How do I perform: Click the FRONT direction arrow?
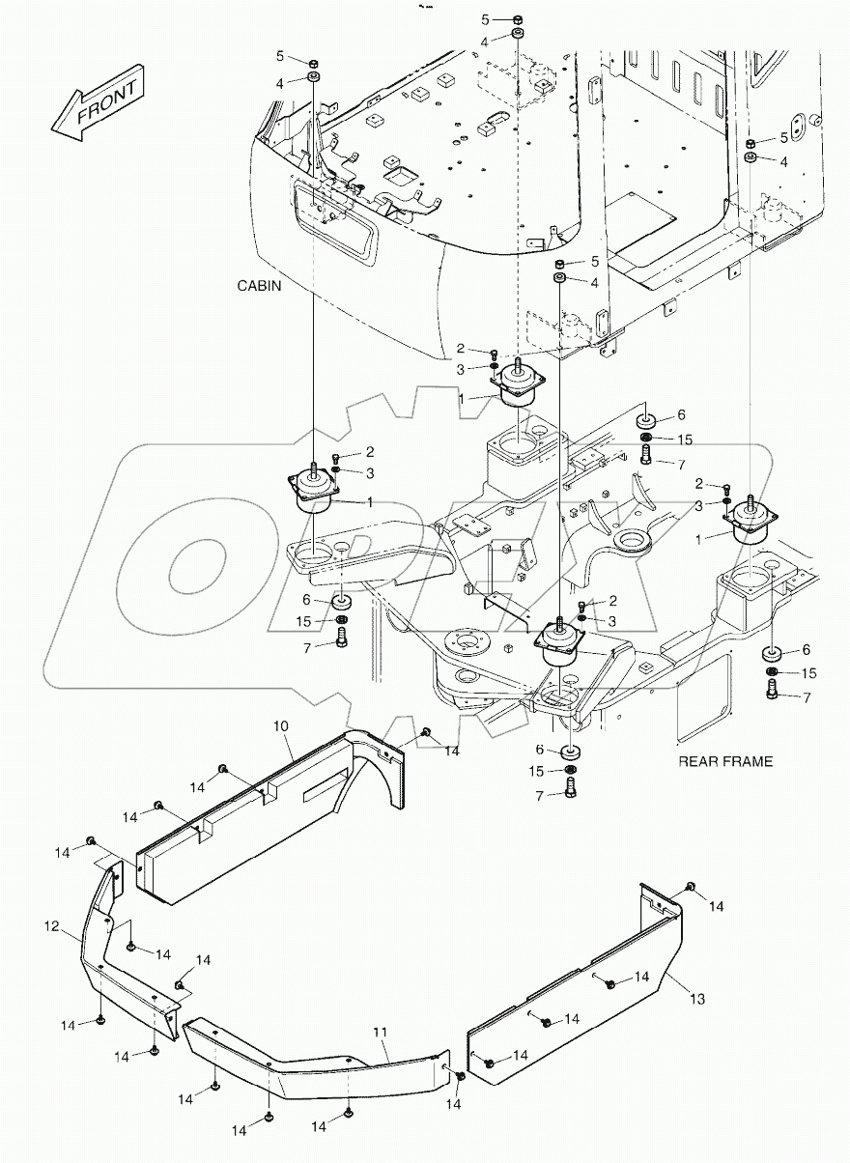click(97, 102)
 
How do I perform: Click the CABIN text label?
click(258, 287)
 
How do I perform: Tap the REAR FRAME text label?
click(724, 761)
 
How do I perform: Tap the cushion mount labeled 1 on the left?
click(315, 489)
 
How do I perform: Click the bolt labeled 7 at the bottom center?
click(570, 786)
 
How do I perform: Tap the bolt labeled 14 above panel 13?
click(691, 887)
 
